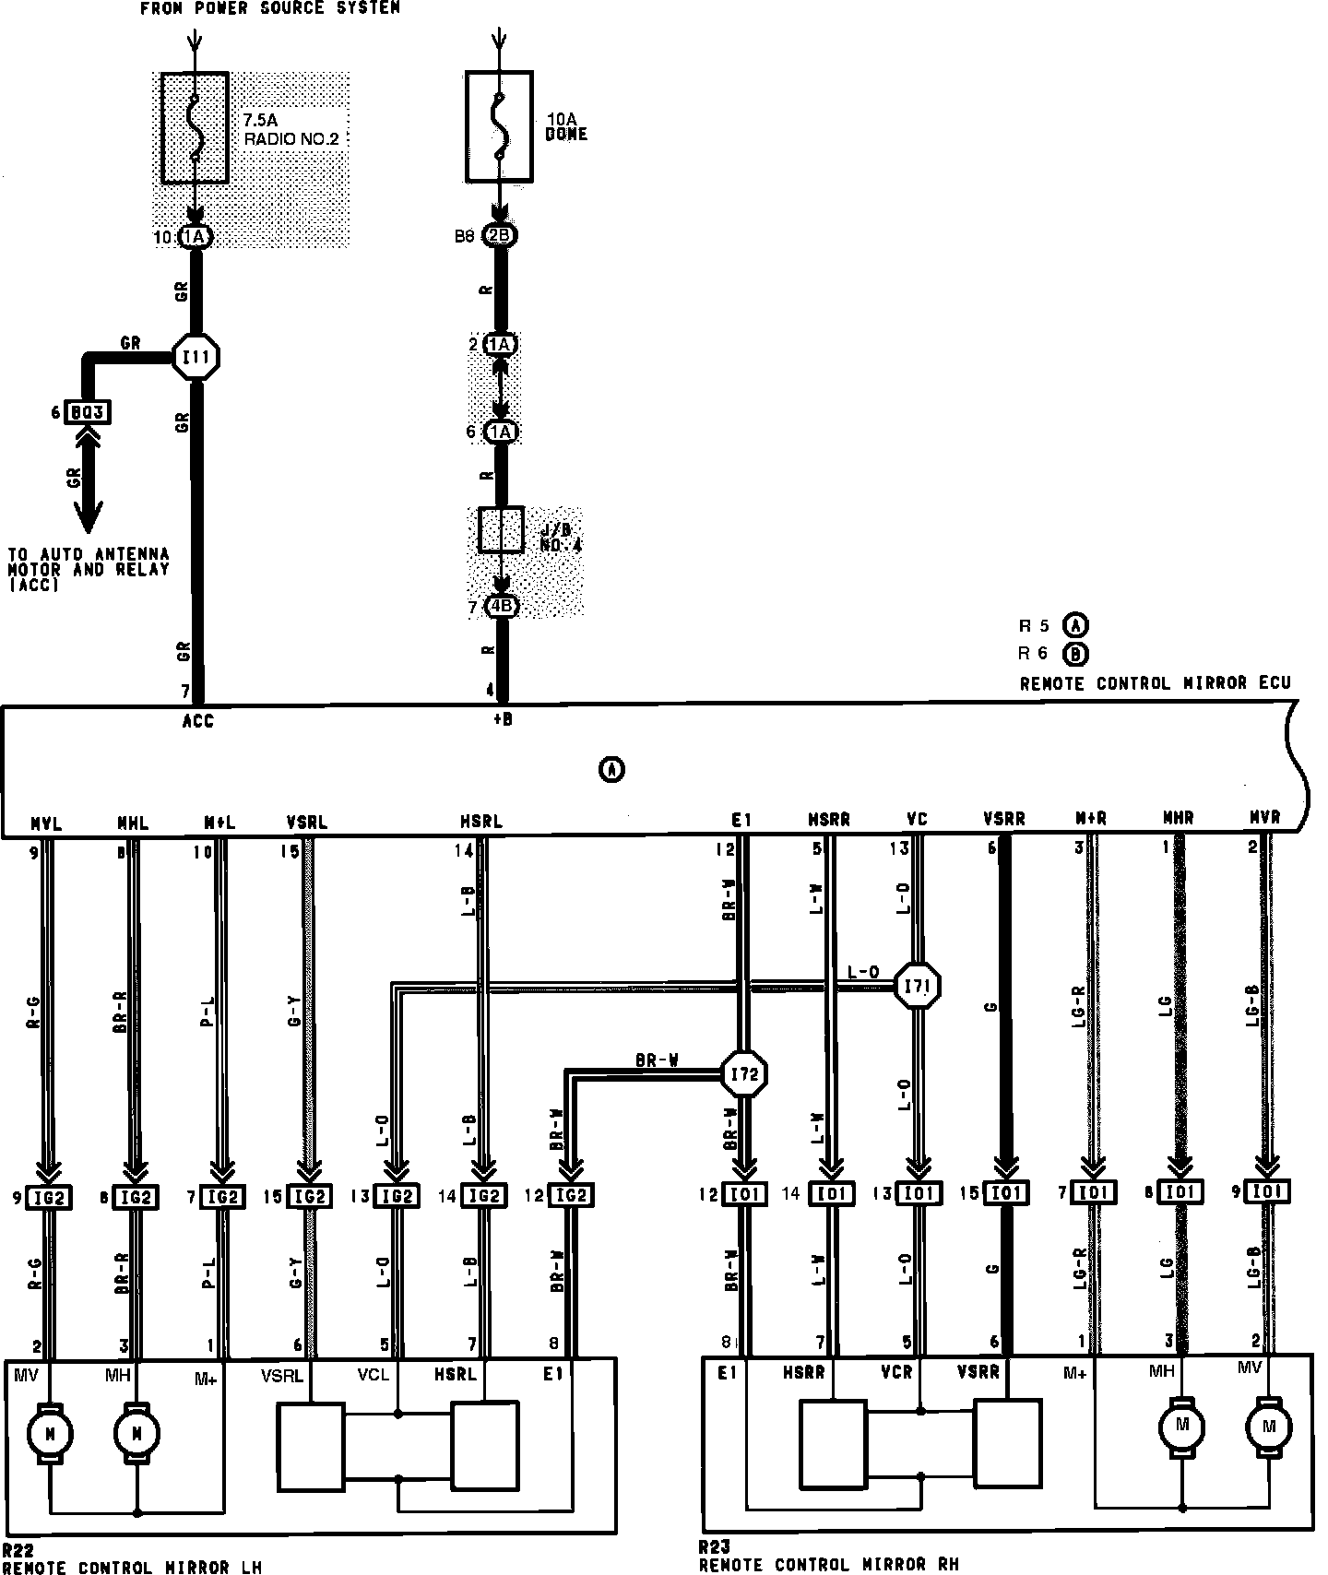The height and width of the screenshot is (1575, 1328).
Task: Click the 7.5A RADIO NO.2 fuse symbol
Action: [x=195, y=127]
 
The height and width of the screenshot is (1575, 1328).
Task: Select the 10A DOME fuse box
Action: [x=498, y=126]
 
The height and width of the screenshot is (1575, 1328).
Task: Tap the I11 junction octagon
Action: [x=196, y=357]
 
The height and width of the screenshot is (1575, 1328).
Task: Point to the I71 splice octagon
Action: [x=918, y=987]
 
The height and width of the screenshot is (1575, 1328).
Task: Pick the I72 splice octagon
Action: [x=743, y=1074]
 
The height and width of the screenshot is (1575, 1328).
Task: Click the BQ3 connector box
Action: [x=88, y=412]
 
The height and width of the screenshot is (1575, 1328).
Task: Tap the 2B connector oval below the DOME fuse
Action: [x=499, y=235]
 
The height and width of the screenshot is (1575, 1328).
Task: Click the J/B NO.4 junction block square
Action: [x=501, y=530]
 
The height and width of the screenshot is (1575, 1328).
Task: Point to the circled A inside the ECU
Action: [x=611, y=768]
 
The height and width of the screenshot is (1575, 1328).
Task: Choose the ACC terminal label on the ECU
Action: [x=197, y=721]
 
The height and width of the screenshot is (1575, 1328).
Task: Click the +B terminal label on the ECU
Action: [x=503, y=720]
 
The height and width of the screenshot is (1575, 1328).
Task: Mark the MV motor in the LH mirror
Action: [x=49, y=1433]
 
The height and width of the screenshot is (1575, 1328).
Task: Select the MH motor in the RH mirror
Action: [x=1182, y=1426]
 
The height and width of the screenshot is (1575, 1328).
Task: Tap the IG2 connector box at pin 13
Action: [x=397, y=1196]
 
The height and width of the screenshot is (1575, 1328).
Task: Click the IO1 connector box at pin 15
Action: [x=1006, y=1193]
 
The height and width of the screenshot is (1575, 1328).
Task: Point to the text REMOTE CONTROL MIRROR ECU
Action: [x=1155, y=683]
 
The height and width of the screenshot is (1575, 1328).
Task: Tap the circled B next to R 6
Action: [x=1075, y=654]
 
